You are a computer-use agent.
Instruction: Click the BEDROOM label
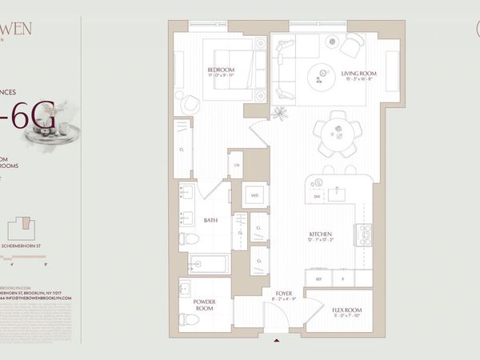coord(221,70)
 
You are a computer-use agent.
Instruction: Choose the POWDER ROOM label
coord(205,305)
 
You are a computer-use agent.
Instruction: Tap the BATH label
coord(211,220)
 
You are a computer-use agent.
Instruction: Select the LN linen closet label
coord(237,165)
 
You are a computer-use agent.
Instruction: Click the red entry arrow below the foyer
coord(278,342)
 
